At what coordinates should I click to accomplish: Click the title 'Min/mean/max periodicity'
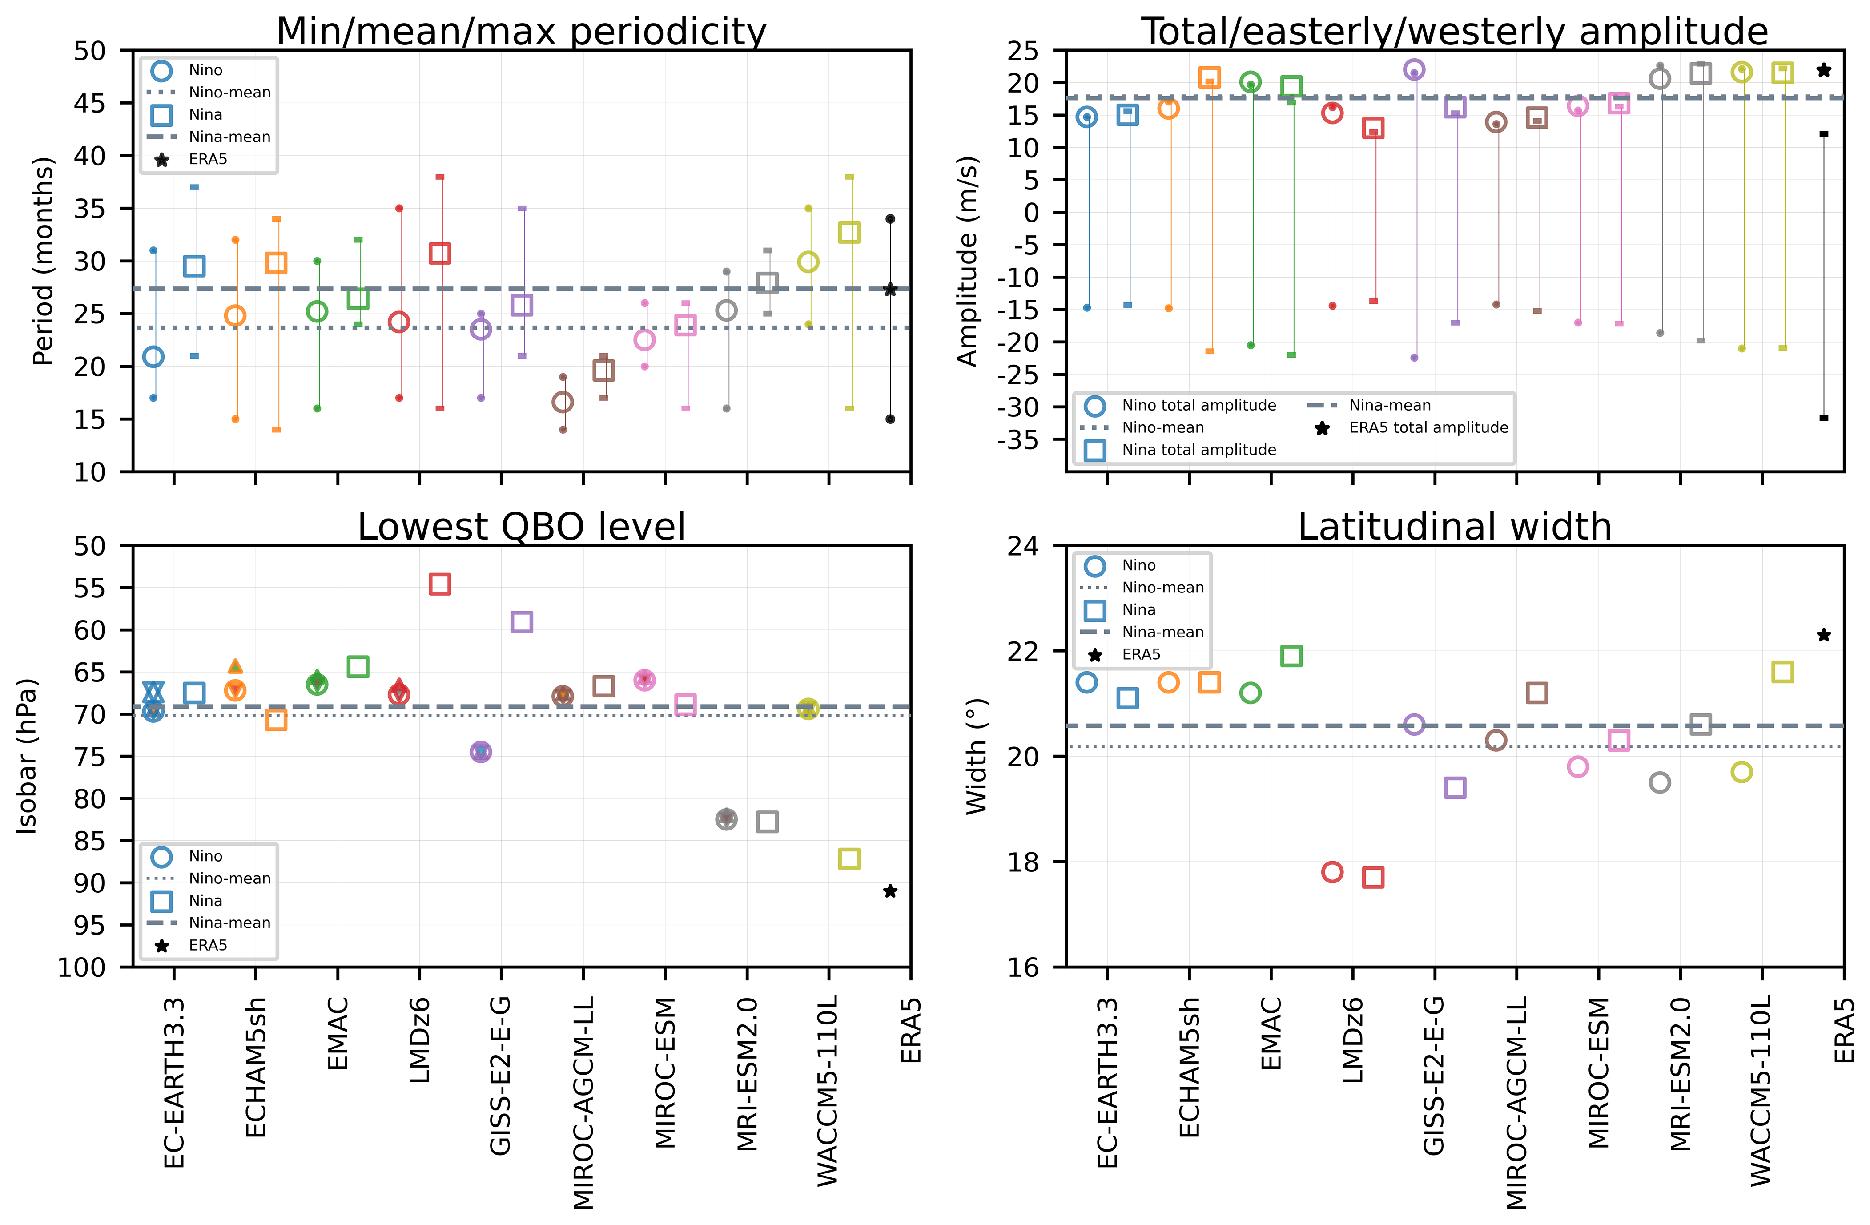coord(521,32)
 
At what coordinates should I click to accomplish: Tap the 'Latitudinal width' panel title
coord(1454,527)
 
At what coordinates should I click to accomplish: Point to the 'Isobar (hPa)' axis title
coord(28,756)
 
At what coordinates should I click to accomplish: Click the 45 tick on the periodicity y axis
coord(89,103)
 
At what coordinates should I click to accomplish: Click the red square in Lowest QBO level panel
coord(440,584)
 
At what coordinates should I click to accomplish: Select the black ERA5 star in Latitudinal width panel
coord(1824,635)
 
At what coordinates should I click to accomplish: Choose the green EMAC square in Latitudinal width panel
coord(1291,655)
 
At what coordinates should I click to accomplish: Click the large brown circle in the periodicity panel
coord(563,402)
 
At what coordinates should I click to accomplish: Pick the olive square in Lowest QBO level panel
coord(849,859)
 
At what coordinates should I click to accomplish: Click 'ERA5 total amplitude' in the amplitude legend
coord(1428,427)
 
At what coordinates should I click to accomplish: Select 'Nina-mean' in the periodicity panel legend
coord(229,137)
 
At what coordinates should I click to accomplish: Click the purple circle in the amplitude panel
coord(1413,70)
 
